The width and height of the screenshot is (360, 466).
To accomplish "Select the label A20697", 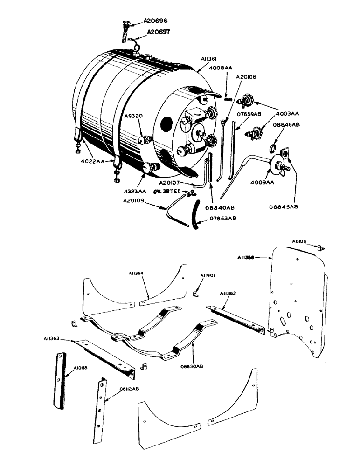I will (x=160, y=32).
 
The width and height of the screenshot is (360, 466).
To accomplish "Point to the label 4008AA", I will (x=221, y=68).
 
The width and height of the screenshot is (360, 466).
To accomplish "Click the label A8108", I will (x=299, y=241).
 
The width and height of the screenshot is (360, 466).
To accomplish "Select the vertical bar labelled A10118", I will (x=60, y=380).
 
